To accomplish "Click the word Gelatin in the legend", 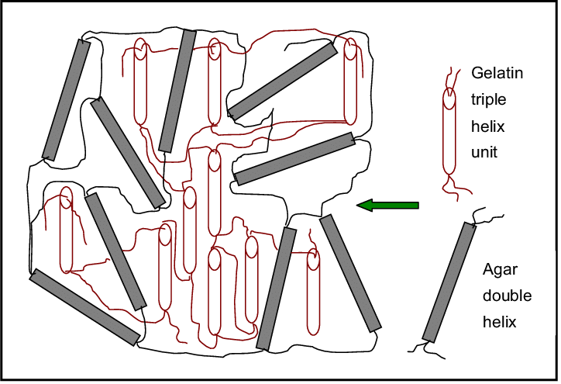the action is [497, 73].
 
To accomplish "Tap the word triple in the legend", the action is [488, 99].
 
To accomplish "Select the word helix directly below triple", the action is [487, 126].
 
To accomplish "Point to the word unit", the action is [484, 152].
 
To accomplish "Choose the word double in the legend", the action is [507, 296].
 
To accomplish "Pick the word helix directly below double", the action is [499, 322].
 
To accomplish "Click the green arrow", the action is [387, 206].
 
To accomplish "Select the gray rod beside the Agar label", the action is [449, 282].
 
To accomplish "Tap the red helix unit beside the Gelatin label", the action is [449, 131].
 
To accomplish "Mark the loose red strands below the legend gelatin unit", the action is [456, 187].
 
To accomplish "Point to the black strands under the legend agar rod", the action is [425, 350].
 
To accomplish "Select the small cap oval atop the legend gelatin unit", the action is [449, 99].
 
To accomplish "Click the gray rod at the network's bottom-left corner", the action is [84, 307].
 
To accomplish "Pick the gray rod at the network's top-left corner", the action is [66, 100].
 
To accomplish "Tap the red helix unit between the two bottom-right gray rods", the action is [313, 292].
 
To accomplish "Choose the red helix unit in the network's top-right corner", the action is [350, 81].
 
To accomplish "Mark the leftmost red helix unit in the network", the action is [66, 230].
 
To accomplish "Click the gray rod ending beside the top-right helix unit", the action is [283, 81].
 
